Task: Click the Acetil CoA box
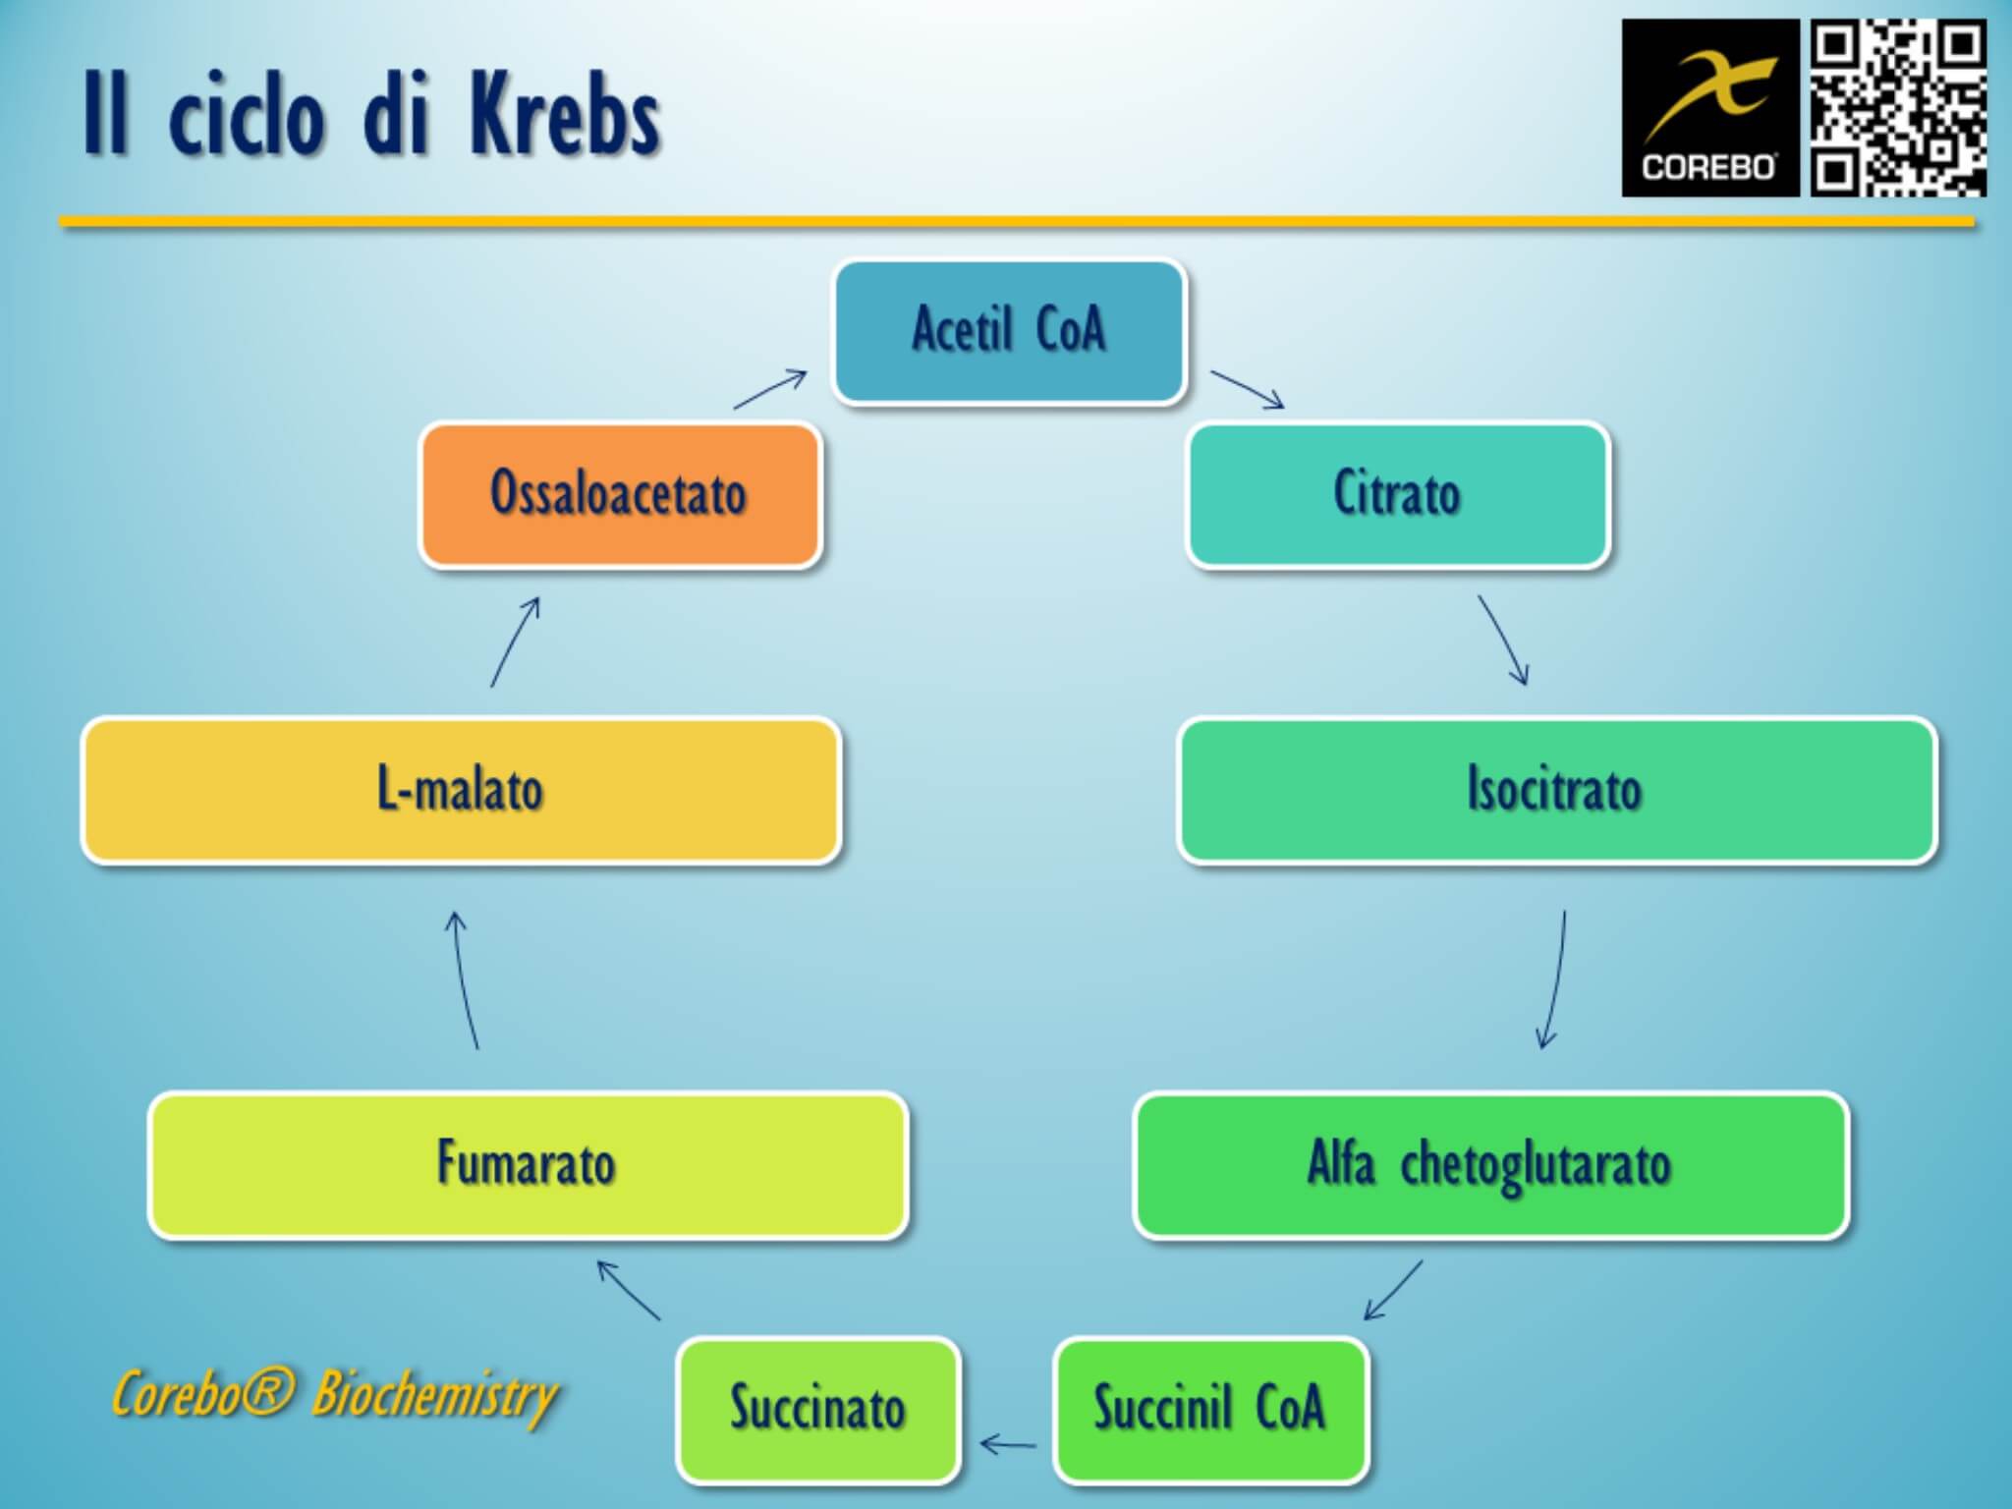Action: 1009,331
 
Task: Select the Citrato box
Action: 1397,494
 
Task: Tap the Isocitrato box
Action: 1556,790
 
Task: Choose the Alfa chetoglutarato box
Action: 1490,1165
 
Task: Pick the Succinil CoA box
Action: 1210,1409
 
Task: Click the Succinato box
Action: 817,1409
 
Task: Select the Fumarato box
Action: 528,1165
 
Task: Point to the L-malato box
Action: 461,790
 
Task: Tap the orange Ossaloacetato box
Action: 620,494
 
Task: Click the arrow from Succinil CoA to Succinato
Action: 1008,1443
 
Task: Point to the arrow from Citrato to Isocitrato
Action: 1504,640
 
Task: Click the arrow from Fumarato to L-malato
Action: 465,980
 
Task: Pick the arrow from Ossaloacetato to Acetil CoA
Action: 771,389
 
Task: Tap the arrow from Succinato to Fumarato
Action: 629,1291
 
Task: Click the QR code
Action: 1898,108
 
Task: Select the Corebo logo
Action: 1709,108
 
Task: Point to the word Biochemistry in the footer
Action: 435,1395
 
